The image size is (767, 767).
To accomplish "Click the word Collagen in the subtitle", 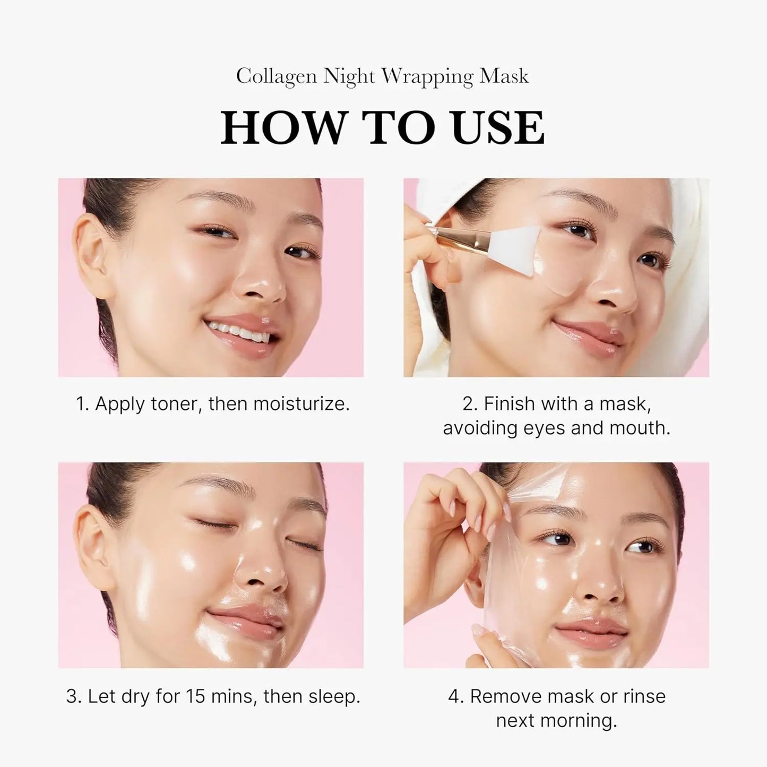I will pyautogui.click(x=277, y=77).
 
